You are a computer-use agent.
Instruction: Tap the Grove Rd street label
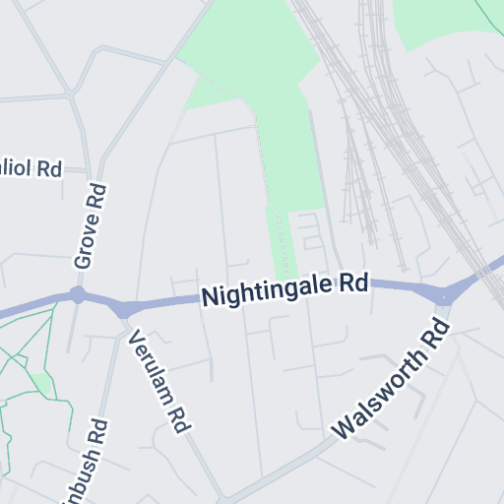pyautogui.click(x=90, y=227)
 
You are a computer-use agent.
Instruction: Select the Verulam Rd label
pyautogui.click(x=158, y=380)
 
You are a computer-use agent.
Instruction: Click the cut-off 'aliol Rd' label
pyautogui.click(x=31, y=168)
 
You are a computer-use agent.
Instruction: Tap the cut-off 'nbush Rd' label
pyautogui.click(x=87, y=463)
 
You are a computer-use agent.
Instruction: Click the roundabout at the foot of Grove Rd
pyautogui.click(x=78, y=295)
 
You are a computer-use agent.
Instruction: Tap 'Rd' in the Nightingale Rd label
pyautogui.click(x=354, y=283)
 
